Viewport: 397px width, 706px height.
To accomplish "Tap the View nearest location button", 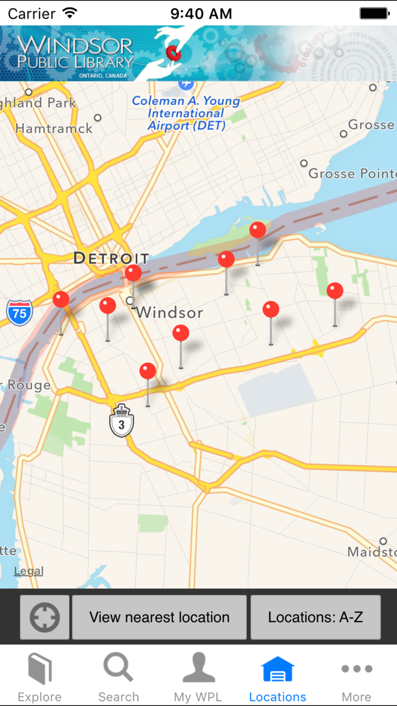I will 159,617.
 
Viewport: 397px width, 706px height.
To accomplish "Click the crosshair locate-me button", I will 45,617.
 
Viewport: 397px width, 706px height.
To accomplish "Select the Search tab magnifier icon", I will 118,668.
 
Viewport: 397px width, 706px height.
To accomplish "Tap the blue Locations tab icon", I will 277,669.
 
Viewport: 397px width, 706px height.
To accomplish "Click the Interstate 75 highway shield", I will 19,313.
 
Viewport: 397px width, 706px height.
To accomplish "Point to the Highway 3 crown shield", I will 121,422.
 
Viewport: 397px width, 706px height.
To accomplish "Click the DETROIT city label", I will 111,259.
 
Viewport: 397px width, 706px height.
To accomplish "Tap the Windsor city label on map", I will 169,312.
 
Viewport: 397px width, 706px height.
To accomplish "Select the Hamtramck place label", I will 54,129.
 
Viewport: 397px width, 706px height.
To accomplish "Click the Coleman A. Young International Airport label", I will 186,113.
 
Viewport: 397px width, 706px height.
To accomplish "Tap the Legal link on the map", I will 28,571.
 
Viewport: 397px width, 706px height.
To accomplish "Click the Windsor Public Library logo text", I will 75,53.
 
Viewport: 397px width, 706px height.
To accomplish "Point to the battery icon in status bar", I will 375,13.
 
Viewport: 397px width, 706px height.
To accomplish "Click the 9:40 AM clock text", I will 201,14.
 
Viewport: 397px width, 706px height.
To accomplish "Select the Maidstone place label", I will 371,552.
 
